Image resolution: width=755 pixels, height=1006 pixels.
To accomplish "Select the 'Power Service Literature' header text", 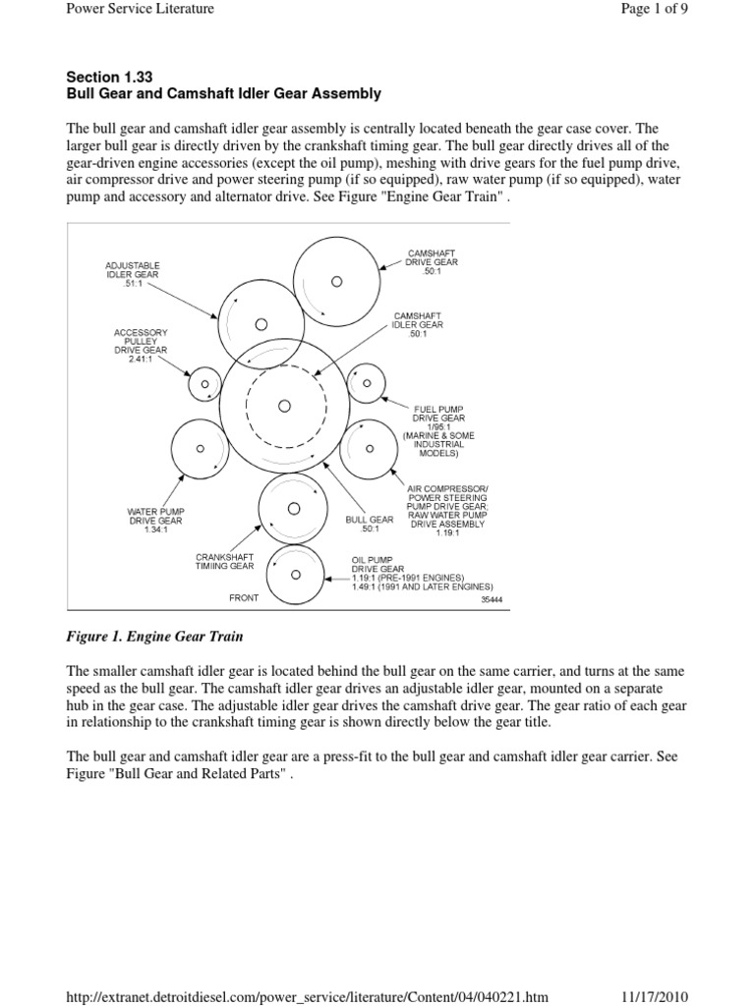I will pos(140,9).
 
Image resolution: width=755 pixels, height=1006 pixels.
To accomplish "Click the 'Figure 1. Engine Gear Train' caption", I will pos(154,637).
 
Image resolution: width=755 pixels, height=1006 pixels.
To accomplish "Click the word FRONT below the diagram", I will pos(244,597).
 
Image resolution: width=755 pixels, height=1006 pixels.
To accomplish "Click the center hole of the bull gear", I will pos(284,406).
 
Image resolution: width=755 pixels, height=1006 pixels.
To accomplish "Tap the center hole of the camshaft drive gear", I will pos(336,281).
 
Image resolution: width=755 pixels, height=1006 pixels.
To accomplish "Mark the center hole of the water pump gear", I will pos(201,449).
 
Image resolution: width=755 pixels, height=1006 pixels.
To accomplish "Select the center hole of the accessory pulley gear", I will pos(205,384).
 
